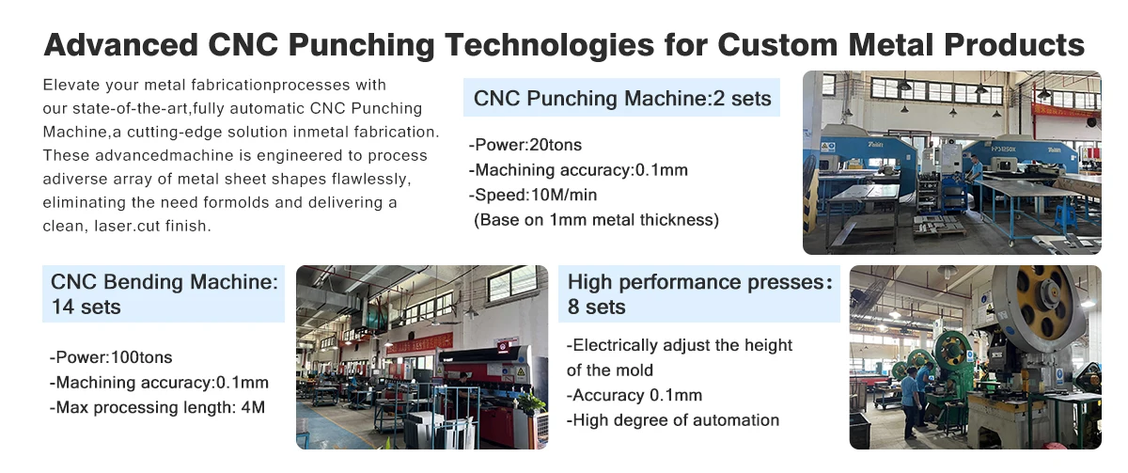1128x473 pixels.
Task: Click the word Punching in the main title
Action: point(361,46)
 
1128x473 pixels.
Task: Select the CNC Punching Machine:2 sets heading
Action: point(622,98)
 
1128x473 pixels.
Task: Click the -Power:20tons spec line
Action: point(525,145)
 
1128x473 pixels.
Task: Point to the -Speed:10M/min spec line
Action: point(533,195)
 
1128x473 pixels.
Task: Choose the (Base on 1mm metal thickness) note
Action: point(596,220)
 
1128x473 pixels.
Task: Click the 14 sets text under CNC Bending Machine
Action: point(86,307)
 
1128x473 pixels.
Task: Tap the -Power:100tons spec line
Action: point(111,357)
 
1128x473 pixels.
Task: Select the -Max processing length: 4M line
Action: point(157,407)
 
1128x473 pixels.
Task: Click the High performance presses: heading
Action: point(700,282)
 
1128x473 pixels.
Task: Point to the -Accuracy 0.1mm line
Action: point(634,396)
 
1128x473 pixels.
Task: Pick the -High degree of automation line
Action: point(673,420)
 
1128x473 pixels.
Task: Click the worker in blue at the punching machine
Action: point(976,181)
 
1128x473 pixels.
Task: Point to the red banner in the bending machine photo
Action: point(419,343)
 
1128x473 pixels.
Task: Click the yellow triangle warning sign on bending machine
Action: point(521,372)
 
